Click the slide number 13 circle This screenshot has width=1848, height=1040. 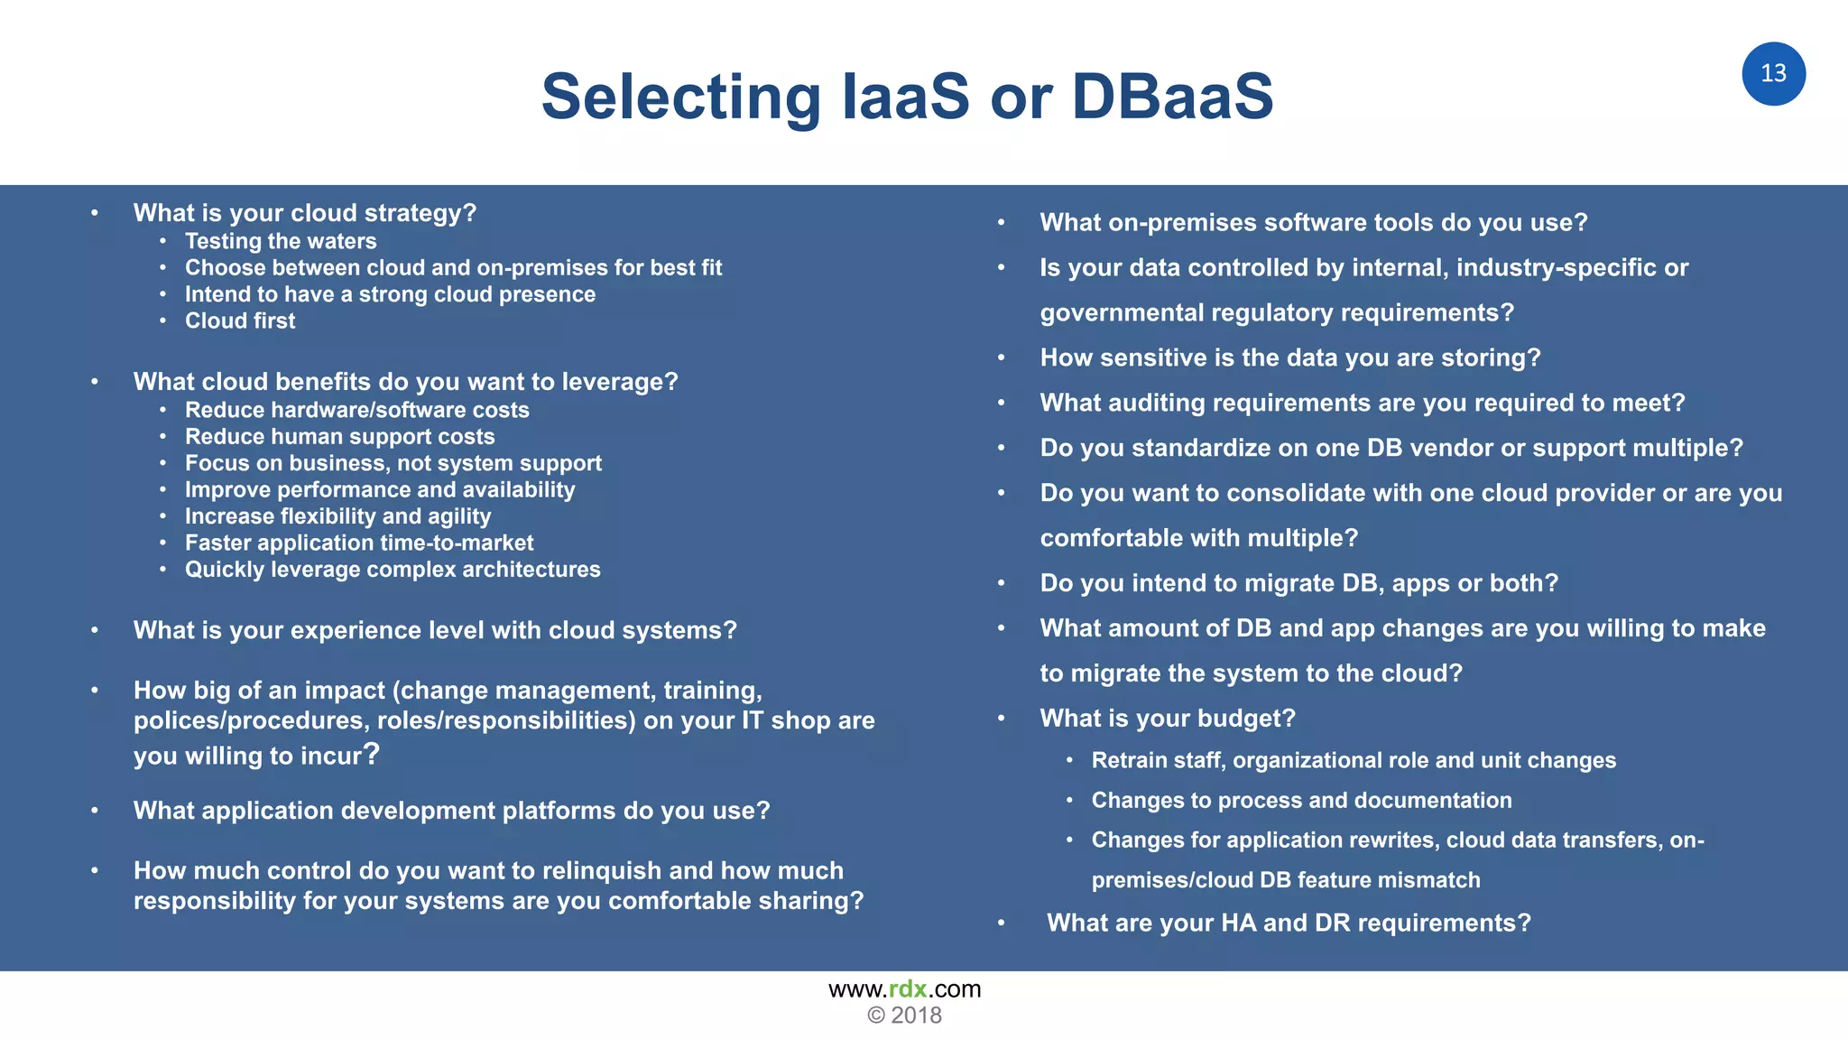(x=1773, y=74)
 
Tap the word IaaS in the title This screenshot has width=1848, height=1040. (x=905, y=96)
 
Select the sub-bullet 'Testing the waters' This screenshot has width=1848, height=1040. (x=281, y=241)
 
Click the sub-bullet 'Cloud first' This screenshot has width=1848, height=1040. (x=240, y=320)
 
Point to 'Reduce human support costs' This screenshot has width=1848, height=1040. (x=339, y=437)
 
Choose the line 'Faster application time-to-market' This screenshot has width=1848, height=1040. (x=359, y=543)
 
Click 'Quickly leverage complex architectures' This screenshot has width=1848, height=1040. (x=393, y=570)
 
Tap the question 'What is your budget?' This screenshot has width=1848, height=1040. (x=1167, y=719)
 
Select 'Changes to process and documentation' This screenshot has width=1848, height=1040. (x=1301, y=800)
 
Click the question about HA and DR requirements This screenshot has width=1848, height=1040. (x=1289, y=923)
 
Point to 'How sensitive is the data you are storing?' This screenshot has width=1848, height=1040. (x=1289, y=357)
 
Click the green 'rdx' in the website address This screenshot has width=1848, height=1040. (x=908, y=989)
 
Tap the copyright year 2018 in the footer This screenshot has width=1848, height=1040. (x=916, y=1016)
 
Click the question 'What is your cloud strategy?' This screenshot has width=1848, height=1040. (x=304, y=213)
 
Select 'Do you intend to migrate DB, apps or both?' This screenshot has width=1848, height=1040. (x=1298, y=583)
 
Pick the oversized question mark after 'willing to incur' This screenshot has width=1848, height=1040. (x=371, y=753)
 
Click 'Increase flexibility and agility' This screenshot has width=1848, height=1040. (x=337, y=516)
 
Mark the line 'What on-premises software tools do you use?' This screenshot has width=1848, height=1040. (x=1313, y=222)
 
